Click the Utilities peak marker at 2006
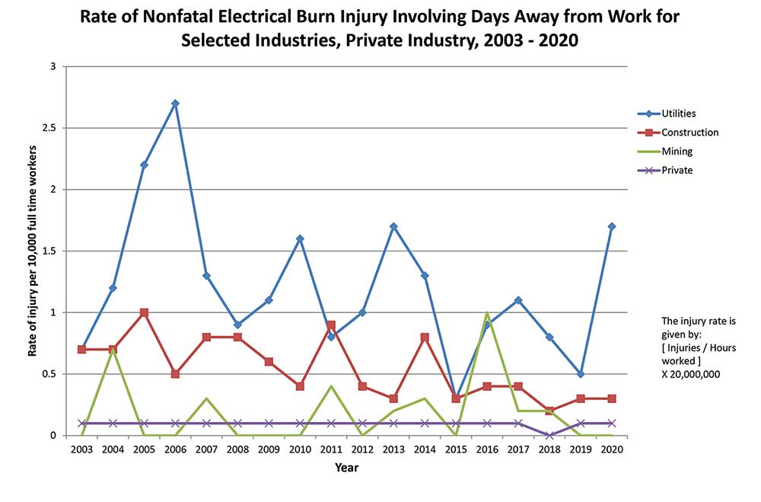click(175, 103)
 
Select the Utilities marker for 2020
click(611, 226)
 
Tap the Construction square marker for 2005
click(144, 312)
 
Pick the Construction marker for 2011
click(331, 325)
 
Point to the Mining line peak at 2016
click(487, 313)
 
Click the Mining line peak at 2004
click(113, 350)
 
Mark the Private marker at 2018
click(549, 435)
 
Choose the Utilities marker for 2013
click(393, 226)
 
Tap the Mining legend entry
click(677, 152)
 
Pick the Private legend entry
click(677, 171)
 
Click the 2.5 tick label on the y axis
click(49, 128)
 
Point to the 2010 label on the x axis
click(300, 449)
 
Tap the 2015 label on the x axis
click(455, 449)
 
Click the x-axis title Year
click(346, 468)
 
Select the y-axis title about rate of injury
click(33, 251)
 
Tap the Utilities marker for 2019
click(580, 374)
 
